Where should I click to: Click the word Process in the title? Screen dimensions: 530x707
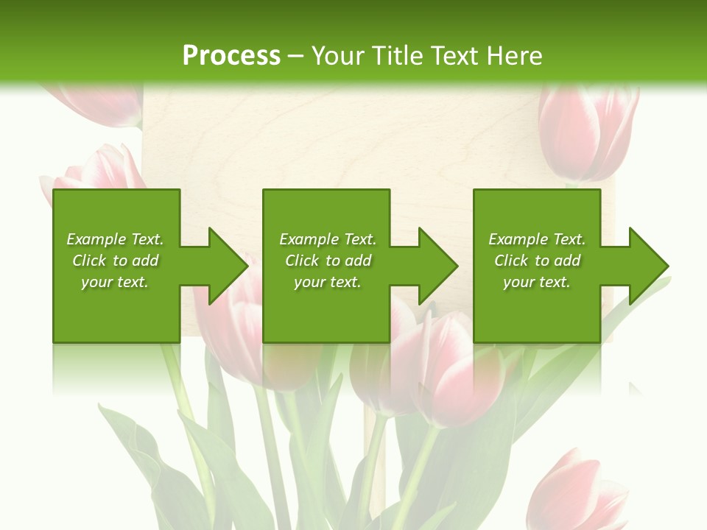231,56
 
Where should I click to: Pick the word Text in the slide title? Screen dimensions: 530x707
457,56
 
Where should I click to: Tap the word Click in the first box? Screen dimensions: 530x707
90,261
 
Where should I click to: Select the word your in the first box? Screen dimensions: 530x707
96,283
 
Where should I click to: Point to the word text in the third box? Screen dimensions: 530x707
555,282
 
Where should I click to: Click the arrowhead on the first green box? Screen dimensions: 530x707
227,266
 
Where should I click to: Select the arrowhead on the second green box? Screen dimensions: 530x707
437,266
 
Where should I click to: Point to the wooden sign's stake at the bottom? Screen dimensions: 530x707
375,471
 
